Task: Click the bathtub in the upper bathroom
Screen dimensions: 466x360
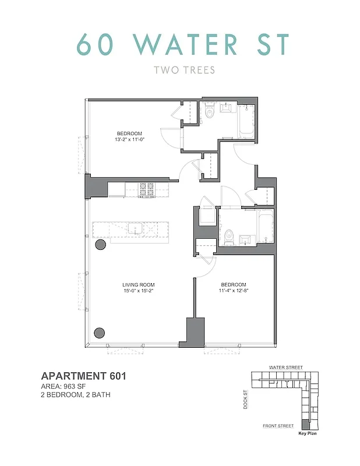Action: click(x=245, y=119)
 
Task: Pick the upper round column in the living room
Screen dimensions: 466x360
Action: click(x=100, y=245)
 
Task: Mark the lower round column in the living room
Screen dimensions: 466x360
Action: click(x=100, y=333)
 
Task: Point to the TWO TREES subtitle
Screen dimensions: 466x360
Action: click(x=184, y=70)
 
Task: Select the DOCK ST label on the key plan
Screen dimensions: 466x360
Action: click(x=246, y=400)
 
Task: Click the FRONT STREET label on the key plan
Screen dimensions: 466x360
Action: click(x=278, y=426)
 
